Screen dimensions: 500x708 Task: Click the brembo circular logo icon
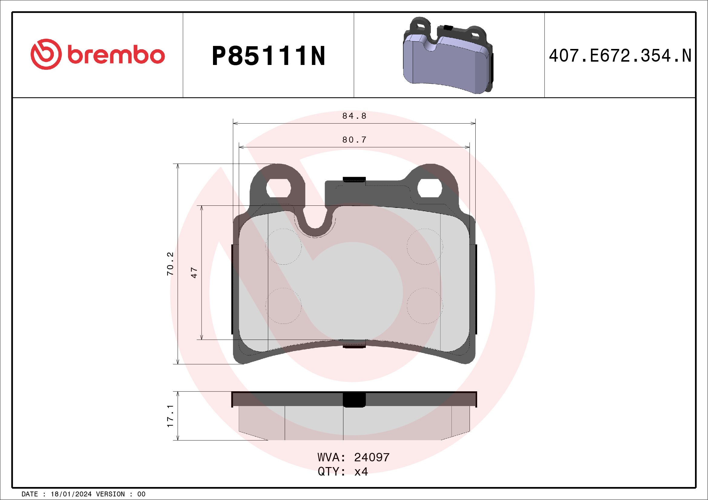[46, 54]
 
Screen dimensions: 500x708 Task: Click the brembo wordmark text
[116, 55]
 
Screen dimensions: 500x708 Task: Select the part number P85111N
[268, 56]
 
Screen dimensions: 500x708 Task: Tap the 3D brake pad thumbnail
[448, 56]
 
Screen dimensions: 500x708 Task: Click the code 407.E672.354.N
[620, 56]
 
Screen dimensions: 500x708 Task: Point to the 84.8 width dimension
[354, 116]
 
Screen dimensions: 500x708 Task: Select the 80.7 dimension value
[354, 140]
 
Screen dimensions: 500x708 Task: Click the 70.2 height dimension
[170, 263]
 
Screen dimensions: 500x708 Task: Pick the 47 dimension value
[194, 273]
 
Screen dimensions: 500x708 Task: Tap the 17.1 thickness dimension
[170, 416]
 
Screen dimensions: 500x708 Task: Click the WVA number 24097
[372, 457]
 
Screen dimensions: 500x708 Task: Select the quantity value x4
[361, 472]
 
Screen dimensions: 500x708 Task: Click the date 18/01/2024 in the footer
[71, 494]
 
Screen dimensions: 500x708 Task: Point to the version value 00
[141, 494]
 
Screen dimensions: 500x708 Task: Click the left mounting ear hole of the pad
[278, 188]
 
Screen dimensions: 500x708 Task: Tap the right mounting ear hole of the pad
[430, 188]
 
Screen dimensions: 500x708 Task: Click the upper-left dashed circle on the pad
[284, 247]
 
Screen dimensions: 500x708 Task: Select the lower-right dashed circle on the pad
[425, 306]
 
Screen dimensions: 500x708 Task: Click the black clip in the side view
[354, 400]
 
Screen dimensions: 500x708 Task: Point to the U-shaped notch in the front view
[315, 220]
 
